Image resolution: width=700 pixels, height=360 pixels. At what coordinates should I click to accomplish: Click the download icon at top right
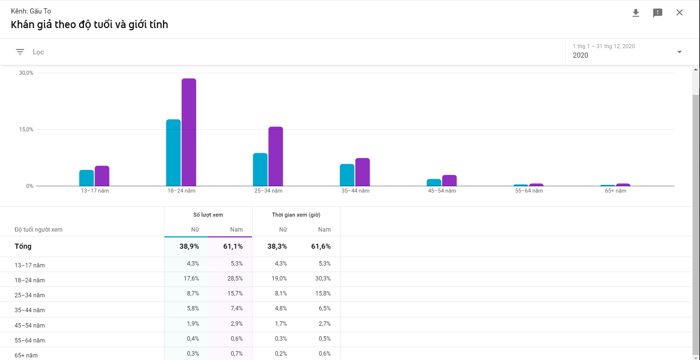[636, 13]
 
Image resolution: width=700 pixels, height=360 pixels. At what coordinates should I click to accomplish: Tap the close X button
[680, 12]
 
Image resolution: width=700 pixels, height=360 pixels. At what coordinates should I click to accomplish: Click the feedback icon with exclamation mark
[658, 13]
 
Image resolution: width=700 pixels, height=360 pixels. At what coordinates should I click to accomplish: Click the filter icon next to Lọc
[20, 52]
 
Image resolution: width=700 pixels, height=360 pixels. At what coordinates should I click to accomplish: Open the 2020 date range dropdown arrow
[680, 52]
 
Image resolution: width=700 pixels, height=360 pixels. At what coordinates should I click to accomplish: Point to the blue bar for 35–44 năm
[347, 175]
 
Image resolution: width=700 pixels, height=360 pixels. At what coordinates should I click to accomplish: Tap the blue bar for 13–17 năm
[86, 178]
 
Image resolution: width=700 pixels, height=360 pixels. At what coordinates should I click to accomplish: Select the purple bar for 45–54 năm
[450, 181]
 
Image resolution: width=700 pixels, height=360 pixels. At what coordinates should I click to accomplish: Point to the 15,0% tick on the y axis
[26, 129]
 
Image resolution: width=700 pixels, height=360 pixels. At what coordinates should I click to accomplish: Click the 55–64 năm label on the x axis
[529, 191]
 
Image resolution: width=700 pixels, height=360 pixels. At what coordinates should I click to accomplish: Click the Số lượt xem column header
[208, 215]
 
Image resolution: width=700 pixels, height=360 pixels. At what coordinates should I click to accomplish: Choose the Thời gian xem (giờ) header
[296, 215]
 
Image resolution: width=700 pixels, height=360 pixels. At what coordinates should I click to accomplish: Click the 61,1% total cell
[233, 247]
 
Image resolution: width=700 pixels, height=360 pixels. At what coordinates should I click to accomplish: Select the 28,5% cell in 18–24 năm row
[235, 279]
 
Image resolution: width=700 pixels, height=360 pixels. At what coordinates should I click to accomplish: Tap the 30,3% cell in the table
[323, 279]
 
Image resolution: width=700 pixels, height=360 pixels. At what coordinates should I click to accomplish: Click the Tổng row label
[23, 247]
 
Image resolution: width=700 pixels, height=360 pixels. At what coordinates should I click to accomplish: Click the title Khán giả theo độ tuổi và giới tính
[89, 25]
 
